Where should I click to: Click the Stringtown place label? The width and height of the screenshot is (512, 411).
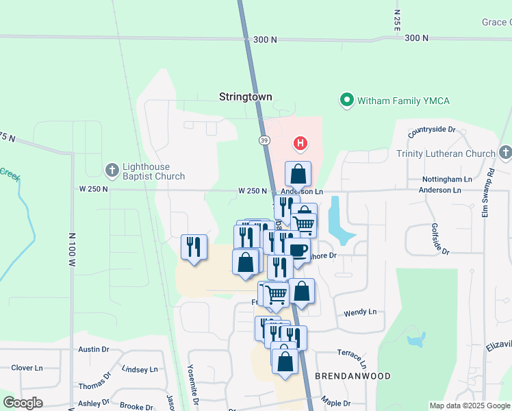pos(245,97)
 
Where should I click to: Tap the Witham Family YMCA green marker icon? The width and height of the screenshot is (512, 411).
pos(347,101)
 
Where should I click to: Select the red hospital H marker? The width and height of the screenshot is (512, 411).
pos(299,144)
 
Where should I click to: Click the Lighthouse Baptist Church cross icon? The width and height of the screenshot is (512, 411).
pos(112,169)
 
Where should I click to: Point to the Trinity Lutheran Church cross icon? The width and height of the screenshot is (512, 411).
pos(505,151)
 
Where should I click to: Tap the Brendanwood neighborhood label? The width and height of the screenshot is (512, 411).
pos(353,376)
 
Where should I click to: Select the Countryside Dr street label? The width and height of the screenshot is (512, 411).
pos(432,129)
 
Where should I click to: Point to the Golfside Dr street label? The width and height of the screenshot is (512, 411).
pos(439,239)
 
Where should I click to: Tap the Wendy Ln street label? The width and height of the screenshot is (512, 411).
pos(360,312)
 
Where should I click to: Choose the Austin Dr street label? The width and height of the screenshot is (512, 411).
pos(94,349)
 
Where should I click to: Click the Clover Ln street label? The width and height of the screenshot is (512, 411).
pos(27,368)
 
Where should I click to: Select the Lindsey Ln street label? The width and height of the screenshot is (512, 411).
pos(140,369)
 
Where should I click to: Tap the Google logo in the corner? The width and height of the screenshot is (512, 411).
pos(23,403)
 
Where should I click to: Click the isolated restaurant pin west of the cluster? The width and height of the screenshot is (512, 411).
pos(194,247)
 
